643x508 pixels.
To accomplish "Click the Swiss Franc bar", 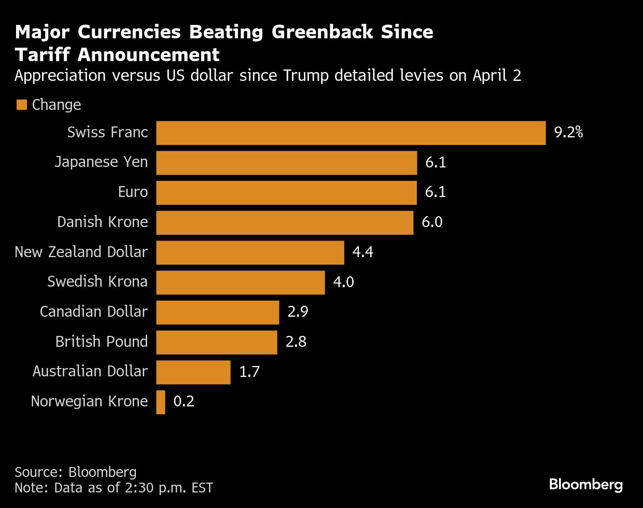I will tap(351, 133).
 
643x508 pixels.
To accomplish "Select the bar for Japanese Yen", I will tap(286, 163).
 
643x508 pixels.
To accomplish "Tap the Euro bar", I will tap(286, 192).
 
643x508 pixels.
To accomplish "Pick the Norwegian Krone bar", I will tap(161, 402).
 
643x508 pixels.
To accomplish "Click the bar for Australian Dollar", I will tap(193, 372).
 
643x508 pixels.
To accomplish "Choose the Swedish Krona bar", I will tap(240, 283).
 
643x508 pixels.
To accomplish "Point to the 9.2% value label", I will tap(568, 133).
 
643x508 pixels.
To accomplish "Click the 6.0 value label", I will tap(432, 222).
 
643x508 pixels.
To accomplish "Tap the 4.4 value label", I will tap(362, 252).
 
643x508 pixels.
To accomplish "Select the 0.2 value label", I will tap(184, 402).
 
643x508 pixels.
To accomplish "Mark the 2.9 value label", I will tap(298, 312).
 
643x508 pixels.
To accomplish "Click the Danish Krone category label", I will tap(102, 222).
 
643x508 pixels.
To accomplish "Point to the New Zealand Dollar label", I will tap(81, 252).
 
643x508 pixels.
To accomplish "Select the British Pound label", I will tap(101, 342).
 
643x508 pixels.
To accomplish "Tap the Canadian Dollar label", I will tap(93, 312).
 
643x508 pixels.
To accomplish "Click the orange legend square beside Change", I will tap(21, 105).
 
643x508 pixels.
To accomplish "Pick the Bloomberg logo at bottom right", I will tap(585, 485).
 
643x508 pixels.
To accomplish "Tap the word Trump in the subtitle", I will tap(306, 76).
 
